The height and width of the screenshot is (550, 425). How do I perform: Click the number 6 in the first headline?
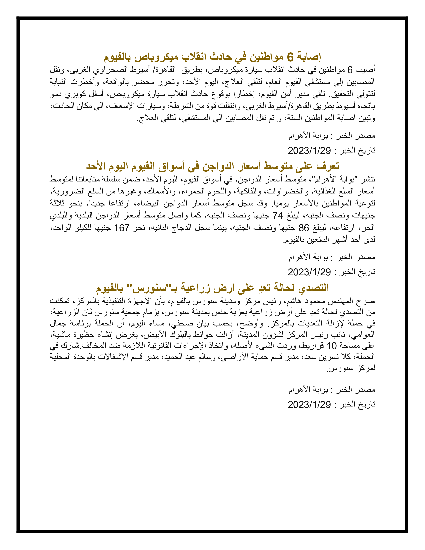coord(290,57)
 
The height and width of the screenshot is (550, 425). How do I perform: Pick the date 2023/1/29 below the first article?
coord(309,150)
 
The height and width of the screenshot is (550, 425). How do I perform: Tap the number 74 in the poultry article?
coord(278,215)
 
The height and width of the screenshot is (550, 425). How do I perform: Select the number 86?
coord(304,228)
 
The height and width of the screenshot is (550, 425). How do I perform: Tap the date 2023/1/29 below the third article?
coord(309,404)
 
